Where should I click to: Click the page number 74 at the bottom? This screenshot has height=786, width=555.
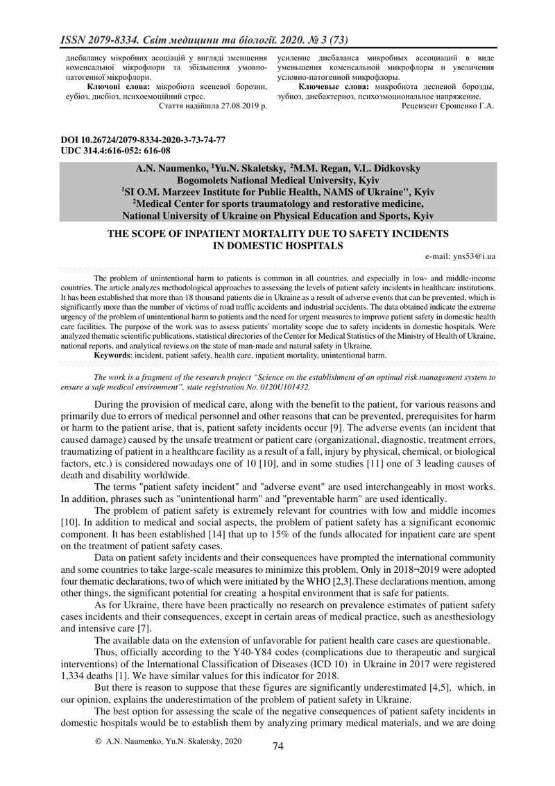277,746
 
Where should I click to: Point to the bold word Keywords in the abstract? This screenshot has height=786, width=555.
113,355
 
